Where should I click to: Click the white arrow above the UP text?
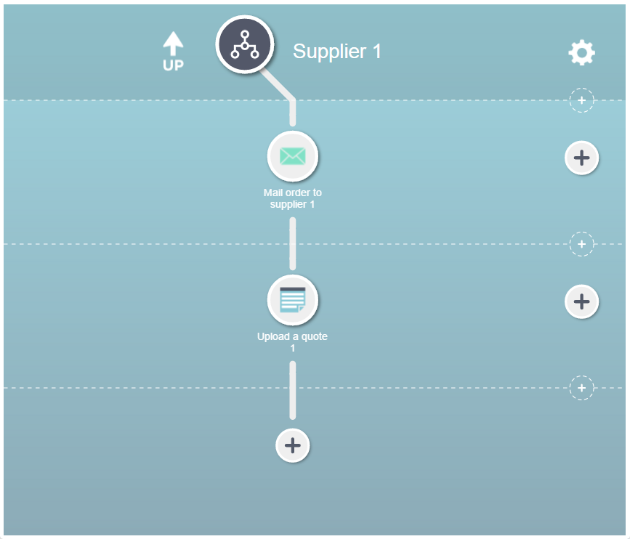pyautogui.click(x=173, y=44)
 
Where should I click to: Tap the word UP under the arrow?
pyautogui.click(x=173, y=65)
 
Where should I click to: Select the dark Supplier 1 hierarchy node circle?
pyautogui.click(x=245, y=44)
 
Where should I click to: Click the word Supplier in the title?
pyautogui.click(x=329, y=52)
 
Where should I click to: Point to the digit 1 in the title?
pyautogui.click(x=376, y=51)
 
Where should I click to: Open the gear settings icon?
pyautogui.click(x=581, y=52)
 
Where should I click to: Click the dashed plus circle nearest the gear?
pyautogui.click(x=581, y=100)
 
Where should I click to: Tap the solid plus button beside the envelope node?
pyautogui.click(x=581, y=158)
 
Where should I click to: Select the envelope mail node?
pyautogui.click(x=293, y=156)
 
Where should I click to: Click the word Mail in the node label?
pyautogui.click(x=273, y=192)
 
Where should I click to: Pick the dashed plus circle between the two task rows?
pyautogui.click(x=581, y=244)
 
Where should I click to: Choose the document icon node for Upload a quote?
pyautogui.click(x=293, y=300)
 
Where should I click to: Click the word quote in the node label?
pyautogui.click(x=314, y=336)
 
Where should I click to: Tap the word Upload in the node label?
pyautogui.click(x=273, y=336)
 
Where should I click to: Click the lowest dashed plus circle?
pyautogui.click(x=581, y=388)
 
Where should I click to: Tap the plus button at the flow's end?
pyautogui.click(x=293, y=445)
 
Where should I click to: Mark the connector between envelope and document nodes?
pyautogui.click(x=293, y=244)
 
